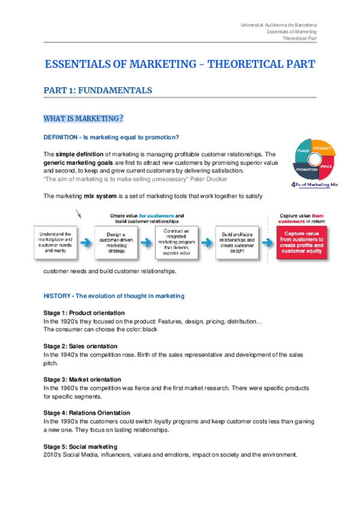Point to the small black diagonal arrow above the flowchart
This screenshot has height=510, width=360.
coord(79,213)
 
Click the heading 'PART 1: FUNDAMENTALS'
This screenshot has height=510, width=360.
coord(97,90)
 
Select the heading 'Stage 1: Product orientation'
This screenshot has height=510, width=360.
coord(84,313)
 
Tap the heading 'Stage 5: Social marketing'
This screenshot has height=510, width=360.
coord(80,447)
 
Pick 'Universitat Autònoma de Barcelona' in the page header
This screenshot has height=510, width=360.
coord(278,25)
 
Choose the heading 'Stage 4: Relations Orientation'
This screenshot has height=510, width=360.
coord(87,413)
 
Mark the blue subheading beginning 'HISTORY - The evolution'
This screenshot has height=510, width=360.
coord(114,296)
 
